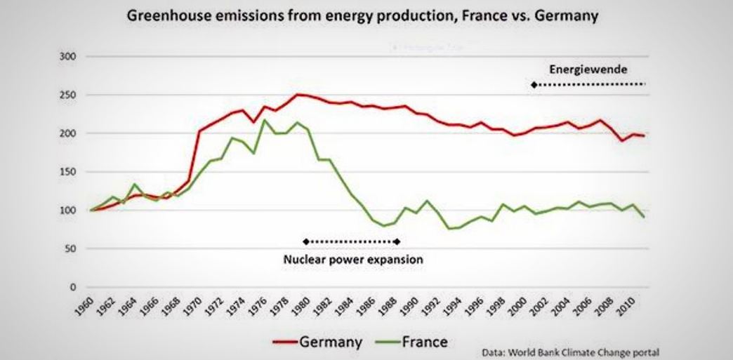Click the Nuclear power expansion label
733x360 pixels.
(353, 259)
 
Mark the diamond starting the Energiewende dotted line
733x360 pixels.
(534, 84)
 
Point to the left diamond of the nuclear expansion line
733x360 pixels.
(305, 241)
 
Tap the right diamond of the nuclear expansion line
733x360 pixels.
(398, 241)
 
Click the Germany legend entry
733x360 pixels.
(331, 343)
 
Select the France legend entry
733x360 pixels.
(425, 343)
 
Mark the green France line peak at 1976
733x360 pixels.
(264, 120)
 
